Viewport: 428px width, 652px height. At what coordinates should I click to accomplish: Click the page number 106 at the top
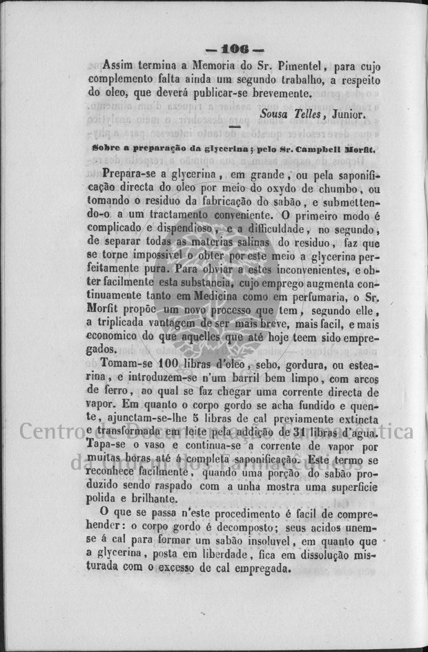(x=234, y=50)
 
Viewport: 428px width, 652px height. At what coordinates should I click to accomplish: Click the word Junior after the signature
(x=345, y=113)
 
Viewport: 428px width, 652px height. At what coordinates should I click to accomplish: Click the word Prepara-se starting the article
(x=130, y=175)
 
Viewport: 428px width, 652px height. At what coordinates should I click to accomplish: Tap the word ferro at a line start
(x=100, y=394)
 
